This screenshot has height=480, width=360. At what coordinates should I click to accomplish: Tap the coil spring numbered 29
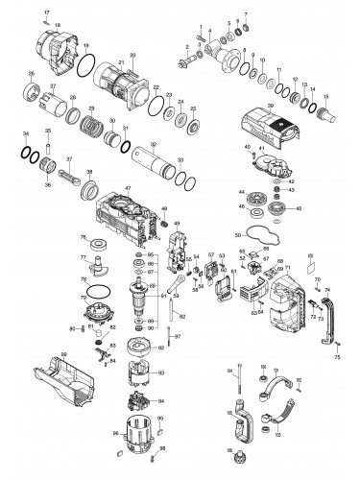(x=92, y=124)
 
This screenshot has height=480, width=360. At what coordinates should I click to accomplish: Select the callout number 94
(x=160, y=401)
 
